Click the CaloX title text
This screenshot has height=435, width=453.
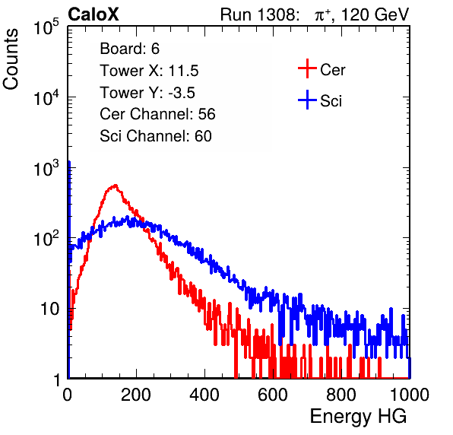tap(93, 14)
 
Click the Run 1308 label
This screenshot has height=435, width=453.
tap(258, 14)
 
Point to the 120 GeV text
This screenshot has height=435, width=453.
tap(375, 14)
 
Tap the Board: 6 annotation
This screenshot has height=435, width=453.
tap(129, 49)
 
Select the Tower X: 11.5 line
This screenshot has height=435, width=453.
tap(149, 71)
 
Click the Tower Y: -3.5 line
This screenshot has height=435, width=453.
tap(147, 93)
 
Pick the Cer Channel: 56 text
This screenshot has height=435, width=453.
tap(157, 114)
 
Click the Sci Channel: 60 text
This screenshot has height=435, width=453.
tap(156, 136)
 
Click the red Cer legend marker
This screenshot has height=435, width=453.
tap(307, 68)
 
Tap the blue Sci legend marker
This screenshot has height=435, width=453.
tap(307, 100)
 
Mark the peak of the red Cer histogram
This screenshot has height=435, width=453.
tap(116, 185)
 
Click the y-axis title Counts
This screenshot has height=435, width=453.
tap(11, 59)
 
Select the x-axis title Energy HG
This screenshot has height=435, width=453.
tap(358, 417)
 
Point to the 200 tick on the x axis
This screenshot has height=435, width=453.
tap(136, 395)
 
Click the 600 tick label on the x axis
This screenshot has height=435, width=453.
tap(273, 395)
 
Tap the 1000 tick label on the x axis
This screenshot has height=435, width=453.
tap(410, 395)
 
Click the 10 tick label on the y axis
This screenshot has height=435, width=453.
tap(49, 309)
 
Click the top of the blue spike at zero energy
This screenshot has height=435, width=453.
tap(69, 161)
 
